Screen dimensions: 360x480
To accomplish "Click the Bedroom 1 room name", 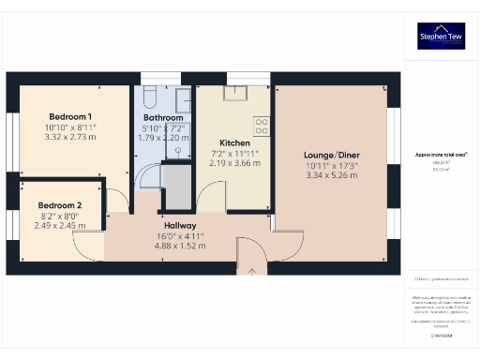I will point(69,117).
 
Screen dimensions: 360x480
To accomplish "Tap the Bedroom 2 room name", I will point(60,205).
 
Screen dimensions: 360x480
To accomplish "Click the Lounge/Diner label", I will point(333,155).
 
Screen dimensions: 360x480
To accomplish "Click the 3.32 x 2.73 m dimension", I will point(69,137).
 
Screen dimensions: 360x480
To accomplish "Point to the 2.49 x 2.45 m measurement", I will point(60,225).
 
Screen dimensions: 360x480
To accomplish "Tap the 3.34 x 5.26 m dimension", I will point(333,174).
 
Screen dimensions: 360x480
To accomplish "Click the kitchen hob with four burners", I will point(262,125).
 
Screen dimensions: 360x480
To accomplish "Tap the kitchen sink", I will point(232,92).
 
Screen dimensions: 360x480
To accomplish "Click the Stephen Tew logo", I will point(442,37).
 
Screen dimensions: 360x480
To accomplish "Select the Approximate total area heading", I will point(442,153).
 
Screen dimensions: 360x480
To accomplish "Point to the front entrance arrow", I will point(252,273).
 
